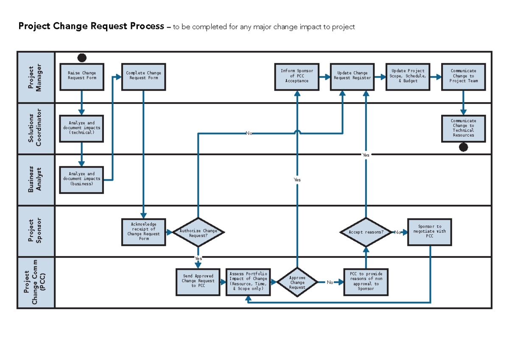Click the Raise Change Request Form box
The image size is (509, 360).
click(x=82, y=77)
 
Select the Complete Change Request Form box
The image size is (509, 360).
click(x=143, y=77)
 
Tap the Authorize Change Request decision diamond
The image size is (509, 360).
click(x=198, y=232)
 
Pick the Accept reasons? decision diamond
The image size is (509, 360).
click(x=366, y=232)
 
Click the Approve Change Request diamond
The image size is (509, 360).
click(x=297, y=282)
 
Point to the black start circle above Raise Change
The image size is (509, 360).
click(x=82, y=58)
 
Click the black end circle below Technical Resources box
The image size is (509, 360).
click(x=464, y=147)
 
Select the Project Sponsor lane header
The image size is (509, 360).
click(x=36, y=231)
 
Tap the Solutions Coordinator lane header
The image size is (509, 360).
click(x=36, y=128)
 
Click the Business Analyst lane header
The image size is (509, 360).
click(x=36, y=180)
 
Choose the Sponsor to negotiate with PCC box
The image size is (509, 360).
click(x=430, y=232)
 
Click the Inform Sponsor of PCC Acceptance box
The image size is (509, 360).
click(x=297, y=77)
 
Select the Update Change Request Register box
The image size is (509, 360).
click(x=352, y=77)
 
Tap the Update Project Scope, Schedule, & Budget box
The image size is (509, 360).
click(x=408, y=77)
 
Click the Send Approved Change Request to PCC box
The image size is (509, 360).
click(x=198, y=282)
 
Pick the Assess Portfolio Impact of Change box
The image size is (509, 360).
click(x=248, y=282)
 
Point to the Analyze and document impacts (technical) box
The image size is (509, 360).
click(x=82, y=128)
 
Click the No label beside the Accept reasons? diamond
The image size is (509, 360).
click(x=397, y=232)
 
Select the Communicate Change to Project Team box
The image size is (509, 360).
click(x=463, y=77)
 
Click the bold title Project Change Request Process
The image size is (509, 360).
click(x=91, y=27)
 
